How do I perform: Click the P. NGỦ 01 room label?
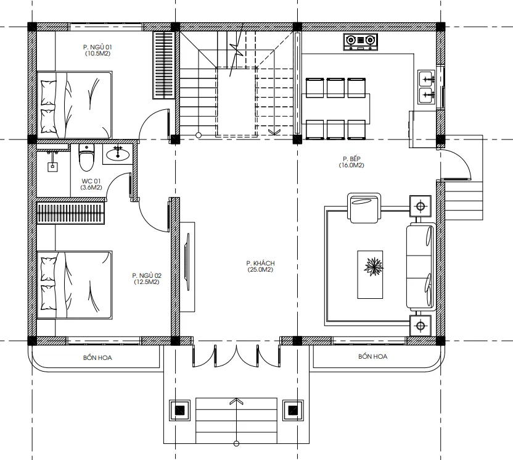(97, 50)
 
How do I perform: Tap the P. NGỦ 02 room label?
(147, 278)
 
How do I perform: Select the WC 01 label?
(91, 184)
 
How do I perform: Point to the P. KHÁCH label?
(260, 266)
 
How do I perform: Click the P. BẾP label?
(351, 162)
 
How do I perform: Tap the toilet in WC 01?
(86, 157)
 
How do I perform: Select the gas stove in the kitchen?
(361, 41)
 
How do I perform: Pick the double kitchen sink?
(427, 87)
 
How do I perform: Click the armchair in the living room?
(364, 208)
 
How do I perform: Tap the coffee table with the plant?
(370, 275)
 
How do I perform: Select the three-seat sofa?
(421, 267)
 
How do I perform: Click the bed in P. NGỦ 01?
(75, 105)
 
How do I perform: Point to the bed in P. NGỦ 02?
(75, 285)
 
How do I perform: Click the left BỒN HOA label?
(97, 358)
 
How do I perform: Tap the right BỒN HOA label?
(372, 356)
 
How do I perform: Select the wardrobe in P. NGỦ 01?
(163, 65)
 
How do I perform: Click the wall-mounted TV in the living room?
(187, 261)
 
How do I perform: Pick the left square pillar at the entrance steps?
(179, 410)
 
